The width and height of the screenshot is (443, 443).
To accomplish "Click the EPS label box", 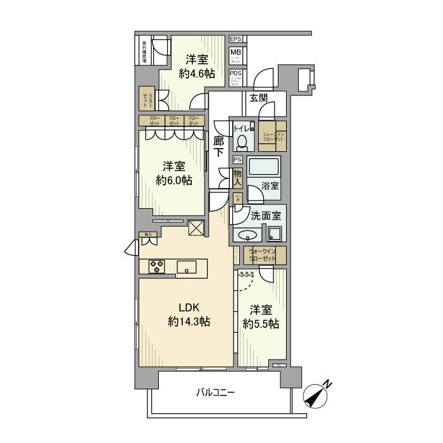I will [x=235, y=39].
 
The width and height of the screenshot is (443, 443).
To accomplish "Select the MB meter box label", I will [x=235, y=53].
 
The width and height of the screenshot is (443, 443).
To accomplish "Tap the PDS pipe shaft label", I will [x=235, y=73].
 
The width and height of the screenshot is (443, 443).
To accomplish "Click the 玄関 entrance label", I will [x=258, y=97].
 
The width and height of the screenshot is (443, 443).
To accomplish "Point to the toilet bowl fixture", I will [x=241, y=141].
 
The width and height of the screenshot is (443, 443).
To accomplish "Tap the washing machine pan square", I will [x=274, y=234].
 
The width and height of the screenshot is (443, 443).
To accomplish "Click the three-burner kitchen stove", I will [x=156, y=266].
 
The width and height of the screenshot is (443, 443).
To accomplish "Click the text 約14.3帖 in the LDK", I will [x=189, y=322].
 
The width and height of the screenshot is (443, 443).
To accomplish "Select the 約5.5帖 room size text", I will [x=261, y=324].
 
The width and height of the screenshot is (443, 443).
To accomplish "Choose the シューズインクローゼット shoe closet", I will [x=273, y=135].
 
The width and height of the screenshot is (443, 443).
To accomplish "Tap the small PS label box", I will [x=237, y=159].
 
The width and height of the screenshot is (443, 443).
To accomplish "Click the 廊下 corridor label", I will [x=219, y=148].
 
